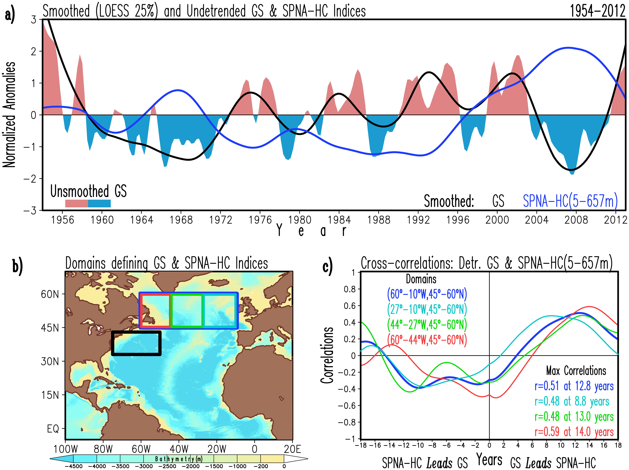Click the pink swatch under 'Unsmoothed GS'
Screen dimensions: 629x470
click(x=76, y=203)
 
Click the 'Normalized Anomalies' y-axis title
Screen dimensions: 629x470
click(x=9, y=114)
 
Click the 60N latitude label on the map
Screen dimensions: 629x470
click(x=50, y=294)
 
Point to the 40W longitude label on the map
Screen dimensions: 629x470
click(x=179, y=449)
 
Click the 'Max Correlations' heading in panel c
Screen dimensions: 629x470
click(x=576, y=371)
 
